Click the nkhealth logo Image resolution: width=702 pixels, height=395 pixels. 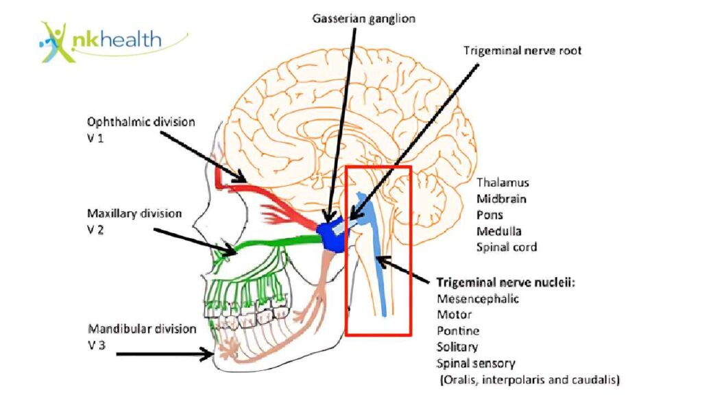(103, 40)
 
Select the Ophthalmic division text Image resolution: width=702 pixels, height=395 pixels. (141, 122)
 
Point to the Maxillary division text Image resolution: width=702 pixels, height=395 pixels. (134, 213)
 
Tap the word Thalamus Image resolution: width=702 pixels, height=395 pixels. (503, 183)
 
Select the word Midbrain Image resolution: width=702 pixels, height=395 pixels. (502, 199)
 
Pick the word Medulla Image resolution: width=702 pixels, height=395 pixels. (499, 231)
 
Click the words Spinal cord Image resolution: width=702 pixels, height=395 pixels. (507, 247)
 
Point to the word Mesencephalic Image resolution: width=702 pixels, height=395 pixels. (478, 298)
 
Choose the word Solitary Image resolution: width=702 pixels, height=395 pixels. (457, 347)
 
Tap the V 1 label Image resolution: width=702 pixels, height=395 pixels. (96, 138)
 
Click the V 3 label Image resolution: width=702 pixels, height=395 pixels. (96, 345)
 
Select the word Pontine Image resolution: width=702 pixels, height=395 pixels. (458, 331)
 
